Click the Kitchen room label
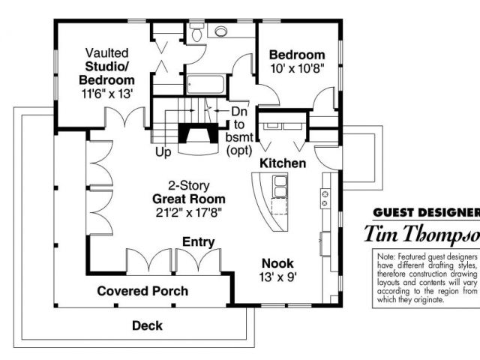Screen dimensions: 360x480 283,163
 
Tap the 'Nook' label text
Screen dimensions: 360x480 277,263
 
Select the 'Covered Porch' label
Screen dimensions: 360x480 142,290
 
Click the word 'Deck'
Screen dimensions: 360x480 147,325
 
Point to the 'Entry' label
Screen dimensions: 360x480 199,242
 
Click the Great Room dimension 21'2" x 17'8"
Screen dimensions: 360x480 189,213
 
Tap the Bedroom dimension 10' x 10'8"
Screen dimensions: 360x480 297,69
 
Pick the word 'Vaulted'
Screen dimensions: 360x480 106,53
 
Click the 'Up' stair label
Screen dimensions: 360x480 163,152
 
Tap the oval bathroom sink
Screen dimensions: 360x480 222,31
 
